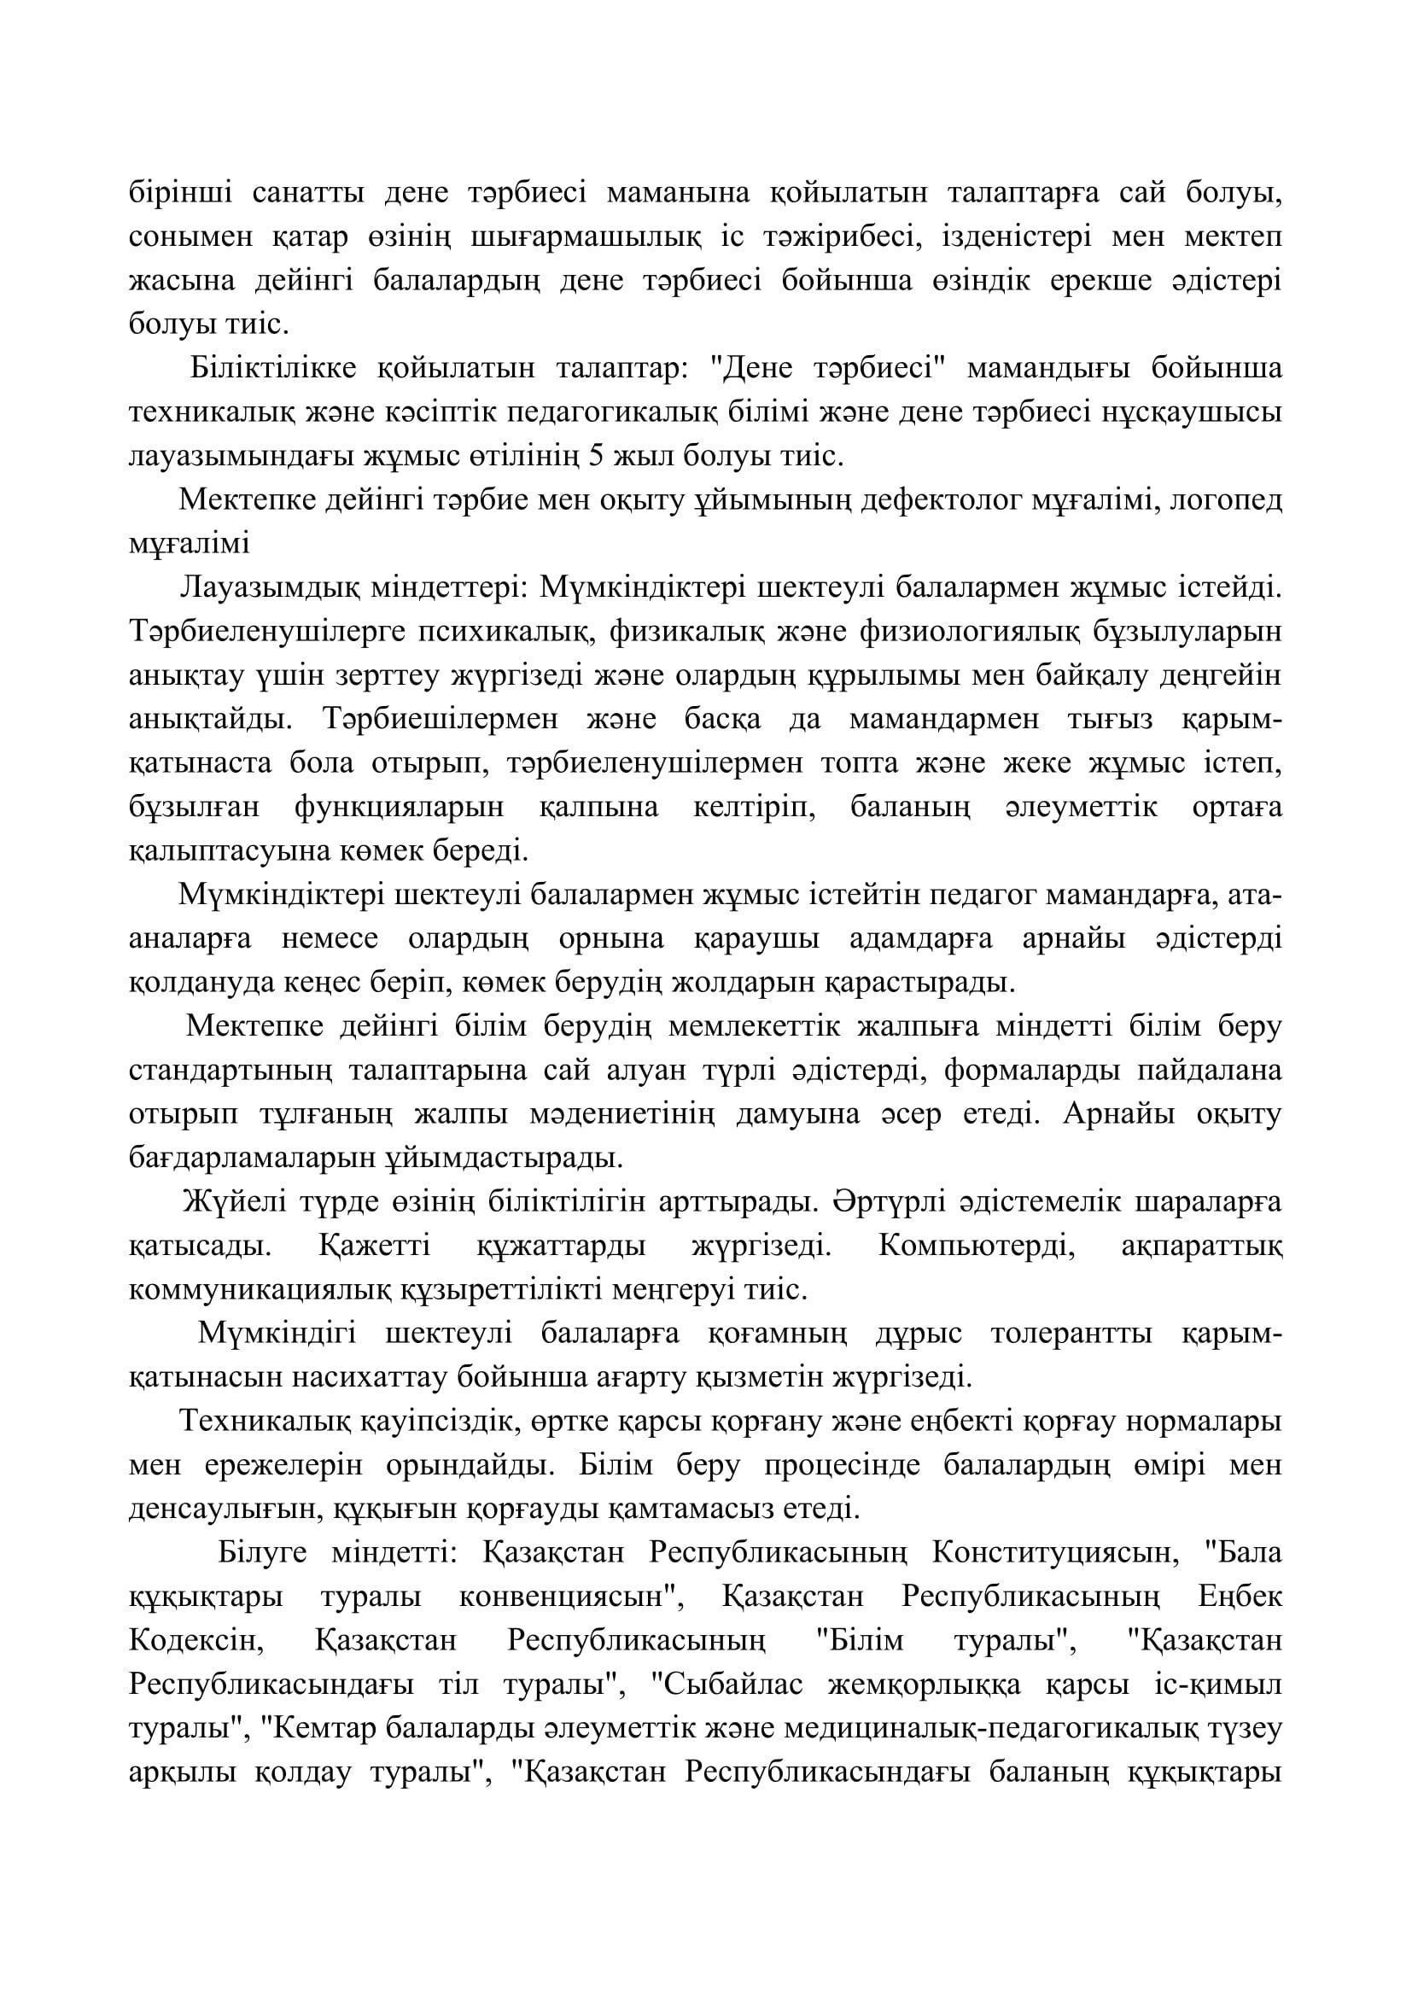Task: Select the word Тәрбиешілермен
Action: pyautogui.click(x=429, y=721)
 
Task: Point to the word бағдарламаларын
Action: pyautogui.click(x=248, y=1159)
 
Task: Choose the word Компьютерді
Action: pyautogui.click(x=977, y=1247)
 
